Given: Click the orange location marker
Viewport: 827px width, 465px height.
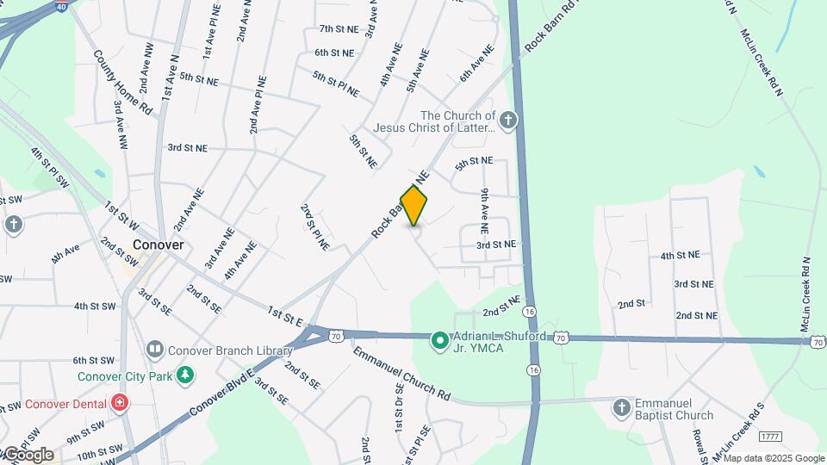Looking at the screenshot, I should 414,205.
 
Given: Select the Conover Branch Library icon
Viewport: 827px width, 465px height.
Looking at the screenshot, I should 155,350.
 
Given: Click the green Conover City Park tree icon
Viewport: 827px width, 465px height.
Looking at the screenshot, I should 183,375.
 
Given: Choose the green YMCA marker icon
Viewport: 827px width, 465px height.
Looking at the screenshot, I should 438,342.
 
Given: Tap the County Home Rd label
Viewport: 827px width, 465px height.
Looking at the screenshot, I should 123,83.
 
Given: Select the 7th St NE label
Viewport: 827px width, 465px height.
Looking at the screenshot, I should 338,29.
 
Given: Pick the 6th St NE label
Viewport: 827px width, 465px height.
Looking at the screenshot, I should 334,53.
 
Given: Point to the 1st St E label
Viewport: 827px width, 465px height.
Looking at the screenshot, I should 285,316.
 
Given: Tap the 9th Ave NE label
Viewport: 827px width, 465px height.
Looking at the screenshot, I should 485,212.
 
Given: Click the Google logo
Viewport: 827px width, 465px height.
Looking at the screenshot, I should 28,454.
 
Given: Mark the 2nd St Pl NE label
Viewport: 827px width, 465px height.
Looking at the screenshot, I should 314,226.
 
